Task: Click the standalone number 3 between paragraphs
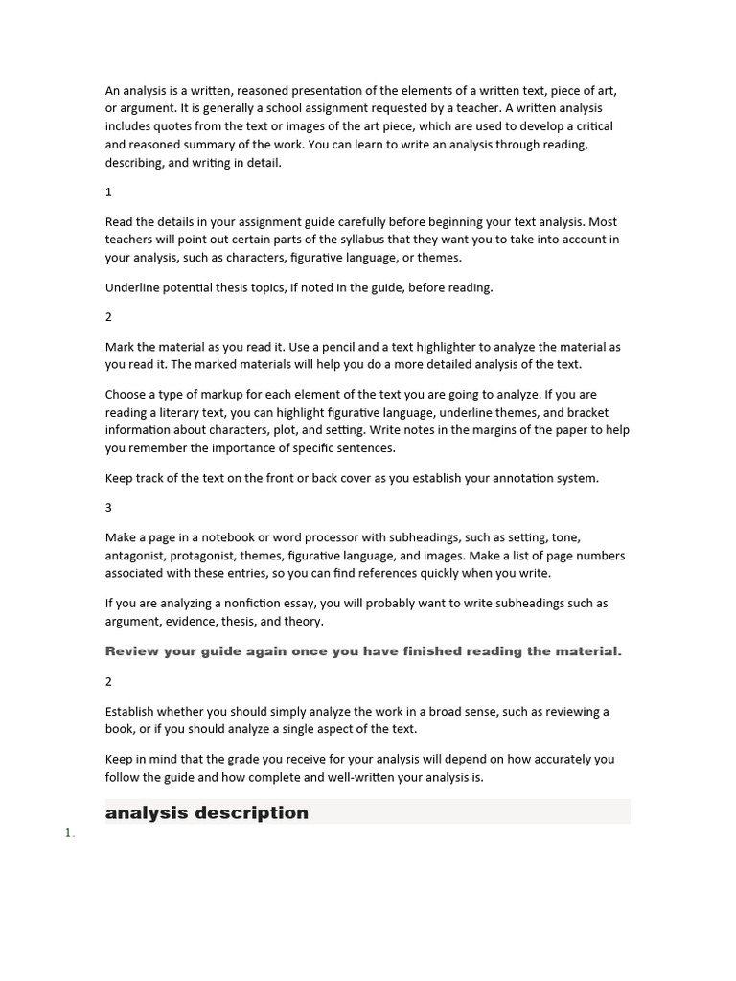tap(108, 508)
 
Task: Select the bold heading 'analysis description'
tap(207, 812)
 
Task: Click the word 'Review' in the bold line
tap(130, 651)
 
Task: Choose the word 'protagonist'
tap(203, 556)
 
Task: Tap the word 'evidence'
tap(187, 622)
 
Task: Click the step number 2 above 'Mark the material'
tap(108, 317)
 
